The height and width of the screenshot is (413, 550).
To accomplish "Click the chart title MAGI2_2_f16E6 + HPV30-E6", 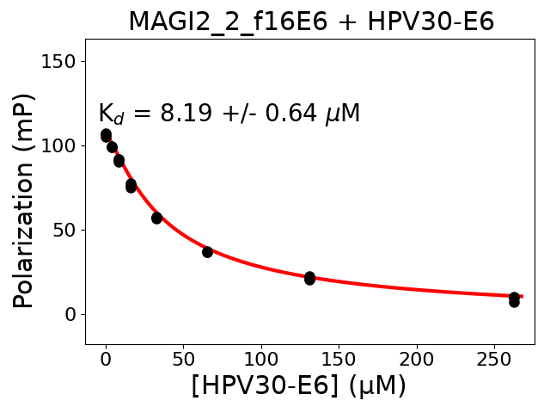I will tap(311, 22).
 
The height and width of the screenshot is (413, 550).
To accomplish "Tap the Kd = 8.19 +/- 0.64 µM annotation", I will tap(229, 114).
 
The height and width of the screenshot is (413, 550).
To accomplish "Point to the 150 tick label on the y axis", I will tap(62, 62).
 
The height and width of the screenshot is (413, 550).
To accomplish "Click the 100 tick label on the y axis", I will tap(62, 146).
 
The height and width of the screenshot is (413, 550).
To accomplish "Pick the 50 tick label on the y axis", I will tap(67, 231).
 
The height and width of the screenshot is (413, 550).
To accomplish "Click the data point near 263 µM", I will tap(514, 299).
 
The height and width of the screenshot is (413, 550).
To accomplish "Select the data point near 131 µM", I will tap(309, 278).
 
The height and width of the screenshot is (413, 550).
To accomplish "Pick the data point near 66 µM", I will tap(207, 251).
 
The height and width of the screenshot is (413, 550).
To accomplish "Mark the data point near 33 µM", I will tap(156, 218).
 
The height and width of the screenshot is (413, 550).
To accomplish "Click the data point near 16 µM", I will tap(131, 185).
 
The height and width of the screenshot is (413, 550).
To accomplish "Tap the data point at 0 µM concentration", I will tap(106, 135).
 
